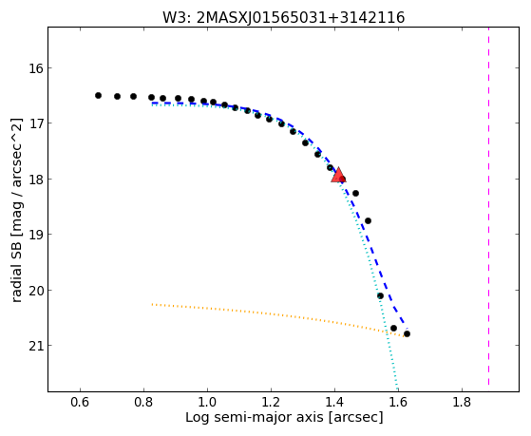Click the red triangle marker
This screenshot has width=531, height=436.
point(338,175)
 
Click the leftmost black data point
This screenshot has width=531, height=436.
point(98,96)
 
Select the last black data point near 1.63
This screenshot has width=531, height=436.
point(407,334)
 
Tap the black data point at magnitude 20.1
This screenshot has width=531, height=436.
point(380,296)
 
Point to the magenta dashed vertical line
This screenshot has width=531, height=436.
point(488,206)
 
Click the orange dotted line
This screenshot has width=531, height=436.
point(277,315)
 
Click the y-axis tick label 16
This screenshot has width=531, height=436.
point(36,68)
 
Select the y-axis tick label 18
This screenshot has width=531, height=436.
point(36,180)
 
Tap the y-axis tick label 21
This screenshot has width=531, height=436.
point(36,346)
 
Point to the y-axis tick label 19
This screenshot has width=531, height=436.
point(36,235)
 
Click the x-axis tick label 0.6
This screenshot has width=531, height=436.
point(80,402)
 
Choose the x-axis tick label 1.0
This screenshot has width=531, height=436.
point(207,402)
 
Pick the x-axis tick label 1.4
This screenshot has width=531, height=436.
point(334,402)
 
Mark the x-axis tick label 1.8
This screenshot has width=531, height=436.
point(462,402)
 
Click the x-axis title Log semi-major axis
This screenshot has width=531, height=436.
point(255,418)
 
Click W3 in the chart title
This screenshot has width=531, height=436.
point(175,18)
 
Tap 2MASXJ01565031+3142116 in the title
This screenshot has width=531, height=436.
point(300,18)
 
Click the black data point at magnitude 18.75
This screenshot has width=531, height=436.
point(369,221)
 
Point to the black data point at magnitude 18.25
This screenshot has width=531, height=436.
point(355,194)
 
